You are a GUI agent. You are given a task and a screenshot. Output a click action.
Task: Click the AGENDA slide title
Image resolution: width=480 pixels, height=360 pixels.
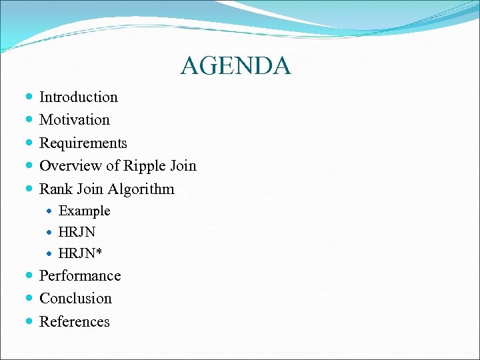235,66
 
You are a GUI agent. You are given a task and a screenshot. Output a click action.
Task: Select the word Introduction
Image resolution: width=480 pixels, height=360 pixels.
79,97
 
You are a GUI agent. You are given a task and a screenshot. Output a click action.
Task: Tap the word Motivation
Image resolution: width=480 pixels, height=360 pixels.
75,120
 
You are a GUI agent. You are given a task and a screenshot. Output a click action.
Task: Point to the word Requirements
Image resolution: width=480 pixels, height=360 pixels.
83,143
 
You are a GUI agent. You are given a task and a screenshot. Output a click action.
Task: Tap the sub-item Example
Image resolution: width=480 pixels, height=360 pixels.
85,211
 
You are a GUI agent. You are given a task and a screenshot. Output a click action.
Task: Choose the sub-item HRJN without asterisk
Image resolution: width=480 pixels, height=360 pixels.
77,233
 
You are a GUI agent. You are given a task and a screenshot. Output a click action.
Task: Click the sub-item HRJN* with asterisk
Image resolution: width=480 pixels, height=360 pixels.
81,254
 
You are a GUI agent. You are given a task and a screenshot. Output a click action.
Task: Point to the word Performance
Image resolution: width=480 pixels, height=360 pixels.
80,276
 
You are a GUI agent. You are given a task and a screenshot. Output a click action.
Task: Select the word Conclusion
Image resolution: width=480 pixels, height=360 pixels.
75,299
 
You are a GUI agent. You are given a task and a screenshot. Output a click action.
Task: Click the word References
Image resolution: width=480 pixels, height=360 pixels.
75,322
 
